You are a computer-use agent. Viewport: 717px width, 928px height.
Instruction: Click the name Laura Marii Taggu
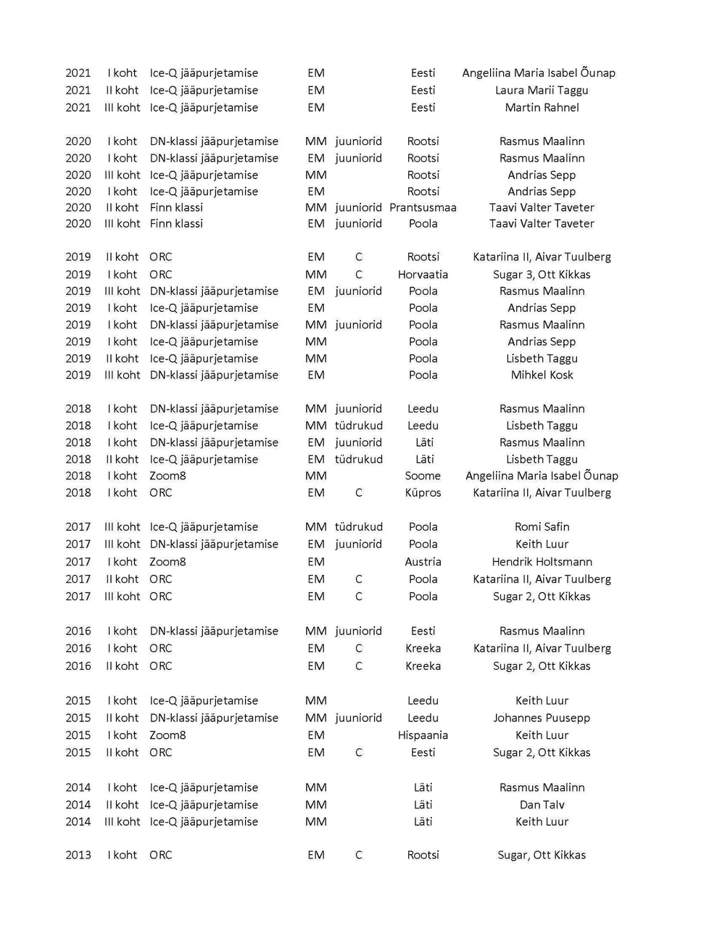542,91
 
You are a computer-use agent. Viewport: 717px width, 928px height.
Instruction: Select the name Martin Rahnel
542,107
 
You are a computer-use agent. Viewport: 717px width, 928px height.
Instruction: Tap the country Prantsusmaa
423,207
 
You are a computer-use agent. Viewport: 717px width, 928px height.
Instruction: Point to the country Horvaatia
423,275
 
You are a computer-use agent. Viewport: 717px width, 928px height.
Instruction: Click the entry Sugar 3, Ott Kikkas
542,275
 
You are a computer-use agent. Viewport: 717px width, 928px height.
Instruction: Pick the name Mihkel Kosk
542,376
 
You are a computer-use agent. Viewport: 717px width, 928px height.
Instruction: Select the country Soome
423,476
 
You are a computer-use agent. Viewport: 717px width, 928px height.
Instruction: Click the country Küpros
423,493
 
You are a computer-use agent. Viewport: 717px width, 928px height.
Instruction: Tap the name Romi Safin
542,527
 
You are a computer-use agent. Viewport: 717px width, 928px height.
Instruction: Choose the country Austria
423,562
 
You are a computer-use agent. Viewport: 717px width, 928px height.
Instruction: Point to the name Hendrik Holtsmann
542,562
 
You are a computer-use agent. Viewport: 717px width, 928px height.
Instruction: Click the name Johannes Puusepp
542,718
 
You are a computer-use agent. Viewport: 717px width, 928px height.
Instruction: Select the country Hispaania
423,735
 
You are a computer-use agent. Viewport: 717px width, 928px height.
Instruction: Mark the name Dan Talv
542,805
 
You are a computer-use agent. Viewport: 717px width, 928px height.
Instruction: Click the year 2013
78,855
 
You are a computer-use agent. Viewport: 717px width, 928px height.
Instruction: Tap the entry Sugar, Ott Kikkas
542,855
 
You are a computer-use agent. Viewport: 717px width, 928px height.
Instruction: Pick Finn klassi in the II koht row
176,207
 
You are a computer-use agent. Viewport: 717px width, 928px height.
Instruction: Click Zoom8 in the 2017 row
167,562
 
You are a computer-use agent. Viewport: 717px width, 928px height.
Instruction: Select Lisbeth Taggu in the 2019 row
542,359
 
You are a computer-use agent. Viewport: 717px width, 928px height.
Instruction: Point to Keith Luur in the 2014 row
542,822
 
